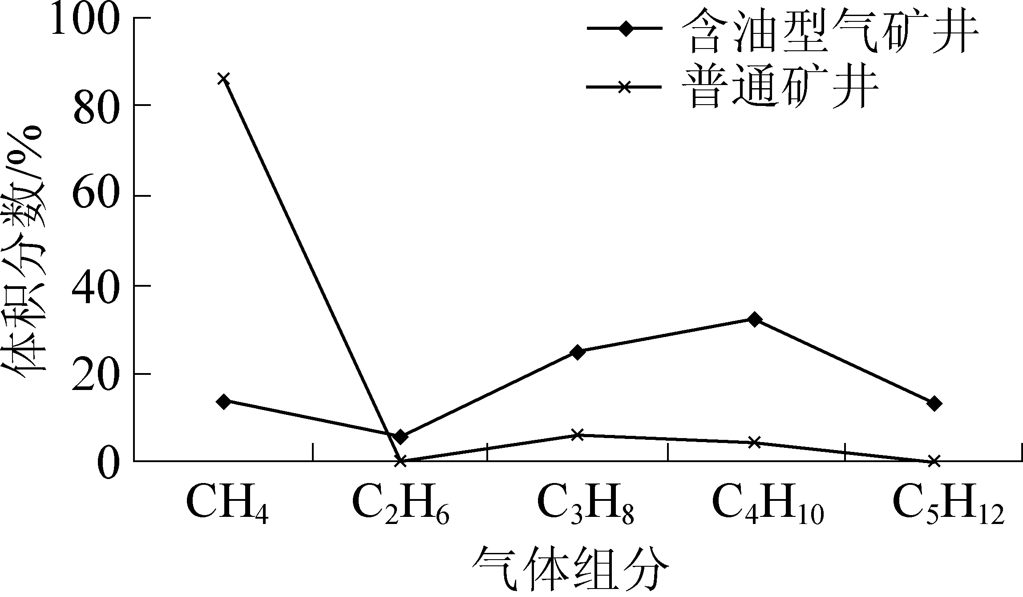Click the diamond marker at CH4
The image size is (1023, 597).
223,401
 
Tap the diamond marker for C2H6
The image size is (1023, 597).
400,437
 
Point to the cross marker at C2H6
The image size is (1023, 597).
400,461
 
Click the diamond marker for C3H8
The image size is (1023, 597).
577,352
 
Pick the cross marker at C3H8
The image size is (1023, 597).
577,434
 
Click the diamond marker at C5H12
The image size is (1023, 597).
934,403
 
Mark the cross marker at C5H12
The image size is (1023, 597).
934,461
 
